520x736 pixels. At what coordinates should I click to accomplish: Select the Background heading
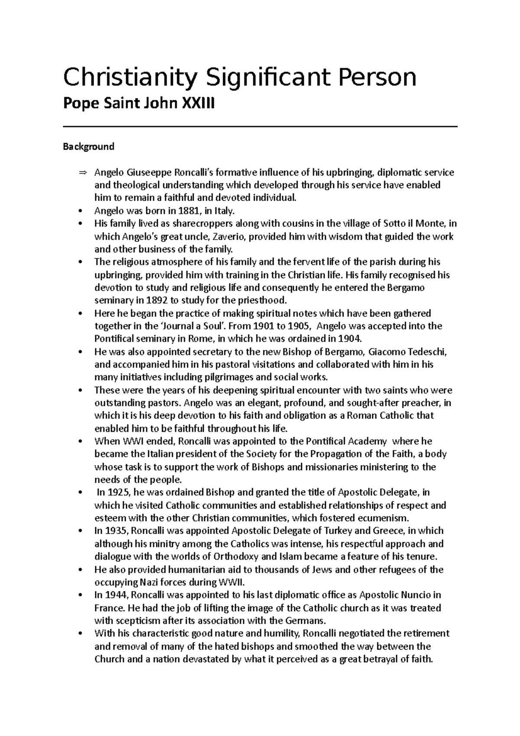[x=88, y=147]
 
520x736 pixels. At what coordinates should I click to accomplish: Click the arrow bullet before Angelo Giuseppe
[x=82, y=173]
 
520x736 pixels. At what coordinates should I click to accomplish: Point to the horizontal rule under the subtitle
[x=260, y=126]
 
